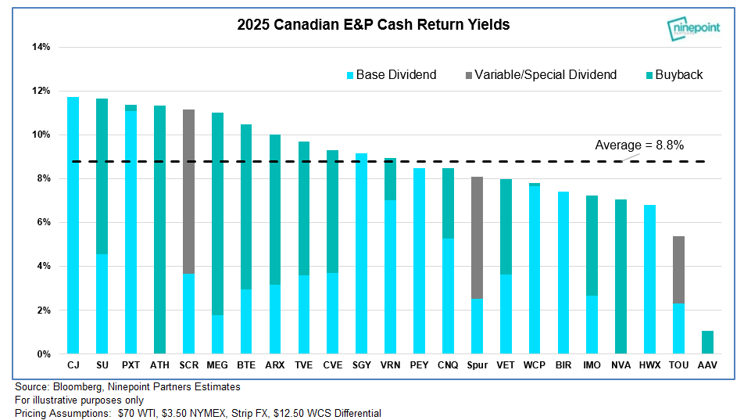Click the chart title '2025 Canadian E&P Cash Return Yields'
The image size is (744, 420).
tap(374, 25)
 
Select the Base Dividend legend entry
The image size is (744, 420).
tap(391, 75)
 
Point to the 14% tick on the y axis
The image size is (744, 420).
tap(41, 47)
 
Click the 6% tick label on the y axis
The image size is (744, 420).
tap(43, 223)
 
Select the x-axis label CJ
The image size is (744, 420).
tap(73, 365)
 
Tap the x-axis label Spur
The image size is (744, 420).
tap(476, 365)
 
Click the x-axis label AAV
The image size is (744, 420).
tap(707, 365)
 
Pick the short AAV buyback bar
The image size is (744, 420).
tap(707, 343)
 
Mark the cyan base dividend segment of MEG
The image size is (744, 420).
tap(217, 335)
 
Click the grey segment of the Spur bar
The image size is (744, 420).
tap(476, 238)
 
